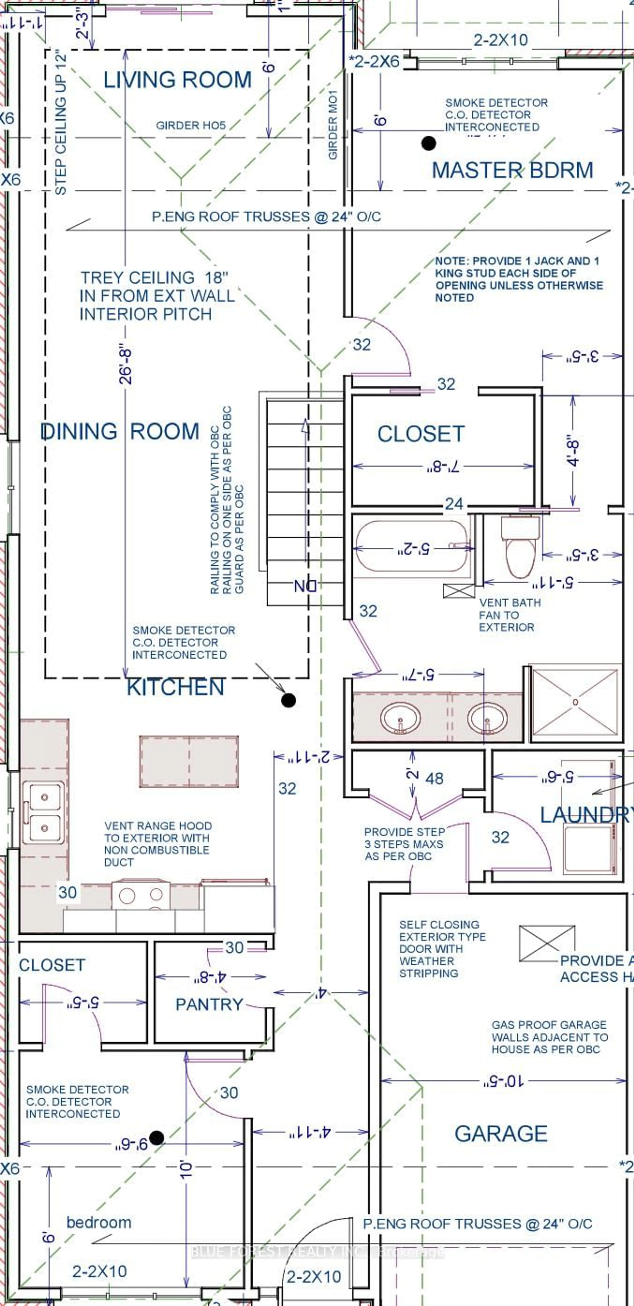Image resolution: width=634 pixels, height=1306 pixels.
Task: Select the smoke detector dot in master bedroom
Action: click(429, 144)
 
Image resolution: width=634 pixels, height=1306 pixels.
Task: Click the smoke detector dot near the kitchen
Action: click(288, 700)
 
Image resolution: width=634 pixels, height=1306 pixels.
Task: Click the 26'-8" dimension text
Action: click(125, 366)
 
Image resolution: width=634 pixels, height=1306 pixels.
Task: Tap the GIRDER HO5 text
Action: click(191, 125)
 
